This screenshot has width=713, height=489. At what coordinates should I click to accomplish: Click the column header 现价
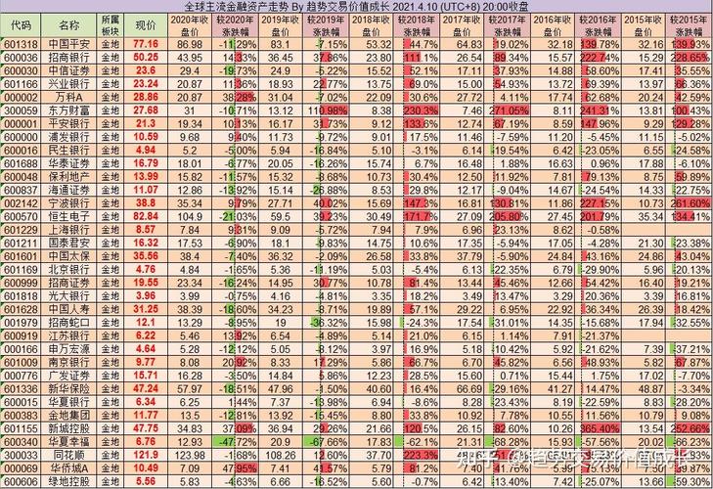click(146, 24)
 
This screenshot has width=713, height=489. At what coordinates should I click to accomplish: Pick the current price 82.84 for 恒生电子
click(146, 215)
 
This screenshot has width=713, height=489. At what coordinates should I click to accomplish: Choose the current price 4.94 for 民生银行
click(146, 150)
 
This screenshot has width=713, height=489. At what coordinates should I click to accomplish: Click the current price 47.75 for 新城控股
click(146, 427)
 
